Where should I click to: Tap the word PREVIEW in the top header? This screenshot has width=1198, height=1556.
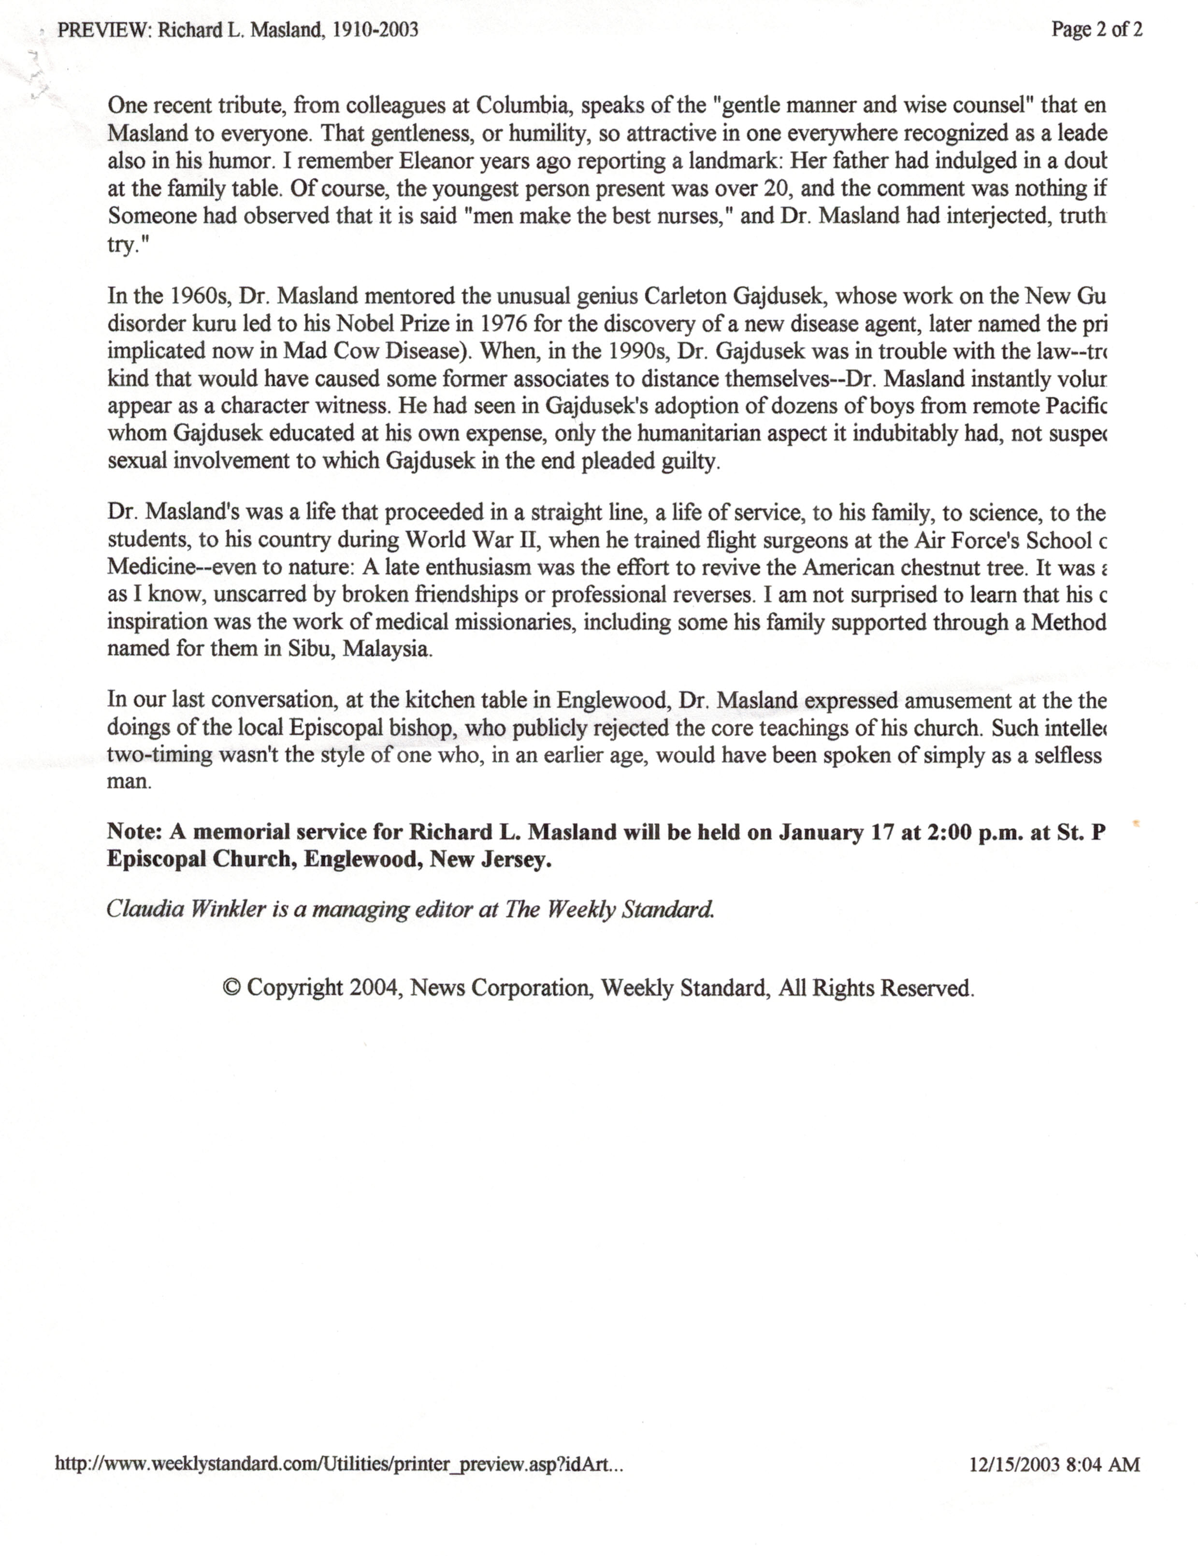[x=103, y=30]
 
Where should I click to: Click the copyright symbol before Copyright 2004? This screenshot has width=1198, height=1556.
[x=231, y=988]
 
